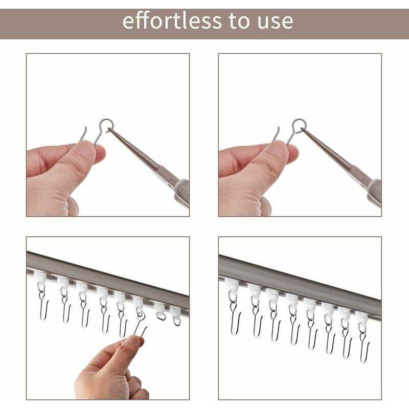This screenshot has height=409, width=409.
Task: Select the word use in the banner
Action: [276, 22]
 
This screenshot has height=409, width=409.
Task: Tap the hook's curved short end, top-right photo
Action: [276, 133]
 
